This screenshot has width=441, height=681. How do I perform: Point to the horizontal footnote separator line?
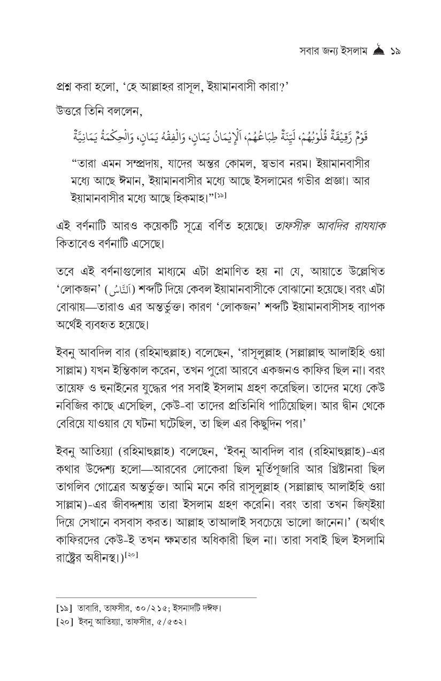tap(156, 598)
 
